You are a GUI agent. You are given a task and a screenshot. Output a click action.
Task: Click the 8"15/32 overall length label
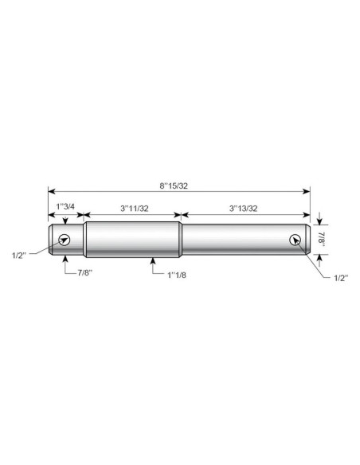(x=174, y=186)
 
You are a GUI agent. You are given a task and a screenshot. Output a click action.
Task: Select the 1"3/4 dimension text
(x=65, y=206)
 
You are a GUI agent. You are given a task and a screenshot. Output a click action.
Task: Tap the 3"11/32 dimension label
(x=135, y=208)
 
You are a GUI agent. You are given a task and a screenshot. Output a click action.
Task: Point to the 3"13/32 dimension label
(x=243, y=208)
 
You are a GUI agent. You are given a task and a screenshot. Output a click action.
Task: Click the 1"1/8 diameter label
(x=177, y=275)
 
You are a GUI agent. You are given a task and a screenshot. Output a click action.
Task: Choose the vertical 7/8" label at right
(x=322, y=238)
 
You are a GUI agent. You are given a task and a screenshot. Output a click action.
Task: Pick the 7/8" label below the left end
(x=85, y=273)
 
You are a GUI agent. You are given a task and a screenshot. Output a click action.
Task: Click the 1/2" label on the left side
(x=19, y=256)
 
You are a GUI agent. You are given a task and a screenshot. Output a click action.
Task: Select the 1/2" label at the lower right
(x=341, y=278)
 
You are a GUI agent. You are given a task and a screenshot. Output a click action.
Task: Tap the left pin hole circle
(x=65, y=240)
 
